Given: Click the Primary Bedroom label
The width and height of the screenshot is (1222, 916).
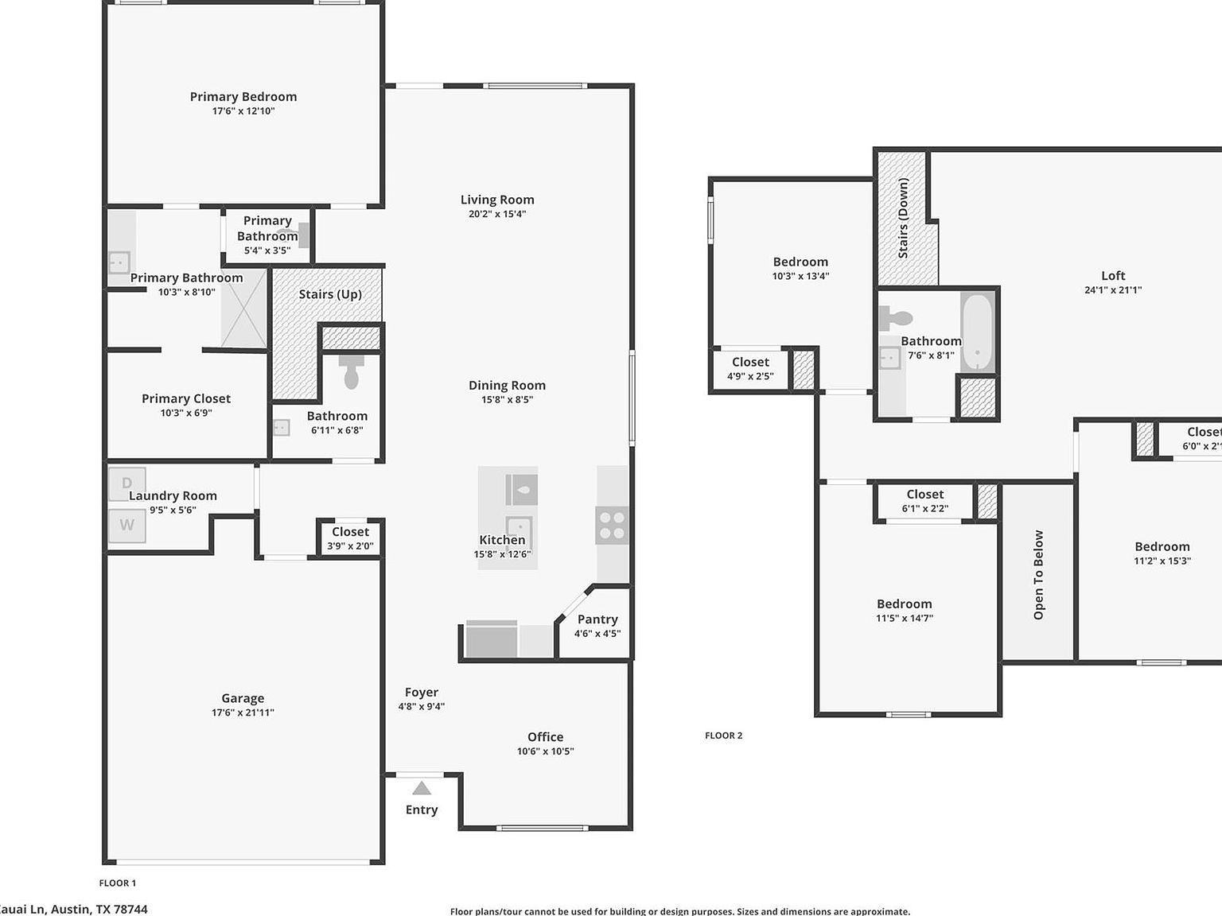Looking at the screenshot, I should pyautogui.click(x=243, y=97).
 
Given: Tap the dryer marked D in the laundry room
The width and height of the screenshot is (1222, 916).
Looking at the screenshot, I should pyautogui.click(x=126, y=483).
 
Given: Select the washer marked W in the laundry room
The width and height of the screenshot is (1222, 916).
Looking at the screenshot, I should pyautogui.click(x=126, y=525).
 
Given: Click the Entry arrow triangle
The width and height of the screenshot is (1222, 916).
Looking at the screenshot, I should pyautogui.click(x=422, y=788).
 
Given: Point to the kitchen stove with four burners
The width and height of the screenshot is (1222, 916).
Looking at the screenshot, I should pyautogui.click(x=612, y=526).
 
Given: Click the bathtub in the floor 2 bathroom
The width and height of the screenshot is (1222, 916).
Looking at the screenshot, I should pyautogui.click(x=977, y=332).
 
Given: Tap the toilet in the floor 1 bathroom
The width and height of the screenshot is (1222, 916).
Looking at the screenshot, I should pyautogui.click(x=351, y=372).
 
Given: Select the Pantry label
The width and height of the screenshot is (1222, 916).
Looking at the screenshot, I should pyautogui.click(x=597, y=619).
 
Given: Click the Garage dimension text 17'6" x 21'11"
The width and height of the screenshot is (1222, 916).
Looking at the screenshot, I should pyautogui.click(x=243, y=712).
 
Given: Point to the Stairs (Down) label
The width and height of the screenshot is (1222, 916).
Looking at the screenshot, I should pyautogui.click(x=903, y=218).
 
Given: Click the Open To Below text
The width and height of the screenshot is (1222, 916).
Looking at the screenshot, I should pyautogui.click(x=1038, y=575).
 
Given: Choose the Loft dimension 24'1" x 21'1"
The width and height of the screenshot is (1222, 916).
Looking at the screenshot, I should pyautogui.click(x=1112, y=290).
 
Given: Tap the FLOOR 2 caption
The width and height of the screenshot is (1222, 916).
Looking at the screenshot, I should pyautogui.click(x=723, y=736).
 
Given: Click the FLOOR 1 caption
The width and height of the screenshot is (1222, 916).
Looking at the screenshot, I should pyautogui.click(x=117, y=883).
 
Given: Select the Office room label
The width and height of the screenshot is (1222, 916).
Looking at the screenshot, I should pyautogui.click(x=545, y=737).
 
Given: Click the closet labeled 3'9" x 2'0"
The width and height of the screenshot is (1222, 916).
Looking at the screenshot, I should pyautogui.click(x=350, y=539).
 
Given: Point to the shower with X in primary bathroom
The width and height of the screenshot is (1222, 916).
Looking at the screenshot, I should pyautogui.click(x=243, y=309).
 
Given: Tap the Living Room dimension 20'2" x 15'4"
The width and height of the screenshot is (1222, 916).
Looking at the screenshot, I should pyautogui.click(x=497, y=214).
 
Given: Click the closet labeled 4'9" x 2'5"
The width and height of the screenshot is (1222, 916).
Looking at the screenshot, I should pyautogui.click(x=750, y=369).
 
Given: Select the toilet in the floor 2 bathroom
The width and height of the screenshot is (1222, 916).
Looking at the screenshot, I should pyautogui.click(x=897, y=319).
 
